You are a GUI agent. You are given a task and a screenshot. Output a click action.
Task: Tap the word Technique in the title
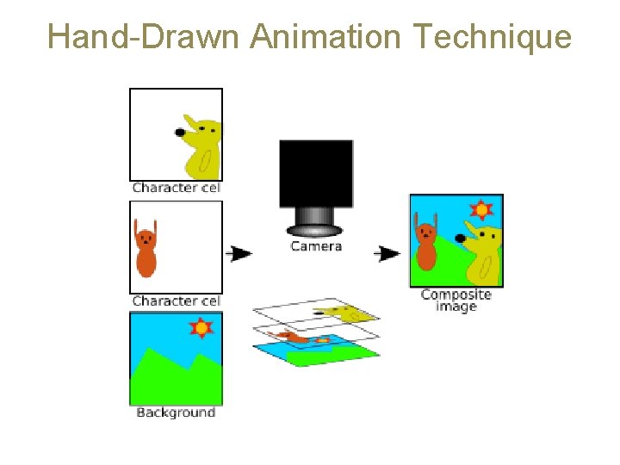tap(492, 37)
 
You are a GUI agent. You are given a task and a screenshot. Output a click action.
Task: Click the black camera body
tap(316, 173)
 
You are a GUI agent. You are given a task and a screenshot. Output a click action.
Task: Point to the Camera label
tap(316, 246)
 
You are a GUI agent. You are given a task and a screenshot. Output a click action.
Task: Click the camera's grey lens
tap(316, 220)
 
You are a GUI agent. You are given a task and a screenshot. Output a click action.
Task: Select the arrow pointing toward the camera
tap(240, 253)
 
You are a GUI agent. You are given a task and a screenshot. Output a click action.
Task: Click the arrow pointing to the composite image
tap(389, 253)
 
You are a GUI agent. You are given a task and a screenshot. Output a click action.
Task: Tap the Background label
tap(176, 412)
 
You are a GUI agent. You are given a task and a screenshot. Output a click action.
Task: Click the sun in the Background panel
tap(201, 327)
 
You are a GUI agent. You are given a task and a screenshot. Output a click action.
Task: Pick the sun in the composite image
tap(480, 209)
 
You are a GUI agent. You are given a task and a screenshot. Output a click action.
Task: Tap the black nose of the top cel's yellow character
tap(180, 133)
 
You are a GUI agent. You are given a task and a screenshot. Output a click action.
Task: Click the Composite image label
tap(456, 301)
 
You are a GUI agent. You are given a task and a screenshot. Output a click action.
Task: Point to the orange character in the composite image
tap(425, 246)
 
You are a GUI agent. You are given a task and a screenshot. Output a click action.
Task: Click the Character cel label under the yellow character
tap(176, 188)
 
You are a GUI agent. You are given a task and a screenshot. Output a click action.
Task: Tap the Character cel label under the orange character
tap(176, 301)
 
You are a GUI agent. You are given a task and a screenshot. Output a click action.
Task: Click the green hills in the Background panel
tap(172, 379)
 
